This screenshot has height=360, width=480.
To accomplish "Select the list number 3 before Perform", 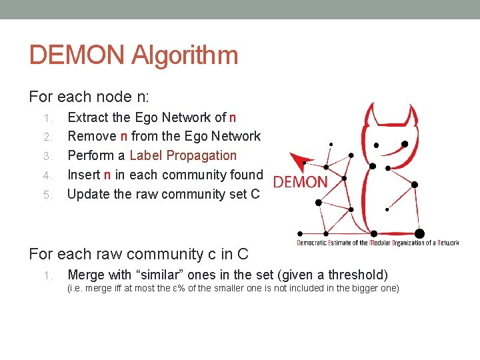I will [47, 156].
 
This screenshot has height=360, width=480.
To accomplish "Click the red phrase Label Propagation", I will [183, 155].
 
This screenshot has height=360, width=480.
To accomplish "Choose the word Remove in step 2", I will [91, 136].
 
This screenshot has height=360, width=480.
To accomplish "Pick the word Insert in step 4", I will [83, 175].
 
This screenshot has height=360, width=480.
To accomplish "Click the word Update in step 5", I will [89, 194].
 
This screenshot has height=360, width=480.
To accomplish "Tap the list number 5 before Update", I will [47, 195].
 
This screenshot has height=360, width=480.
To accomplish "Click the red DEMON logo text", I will [301, 182].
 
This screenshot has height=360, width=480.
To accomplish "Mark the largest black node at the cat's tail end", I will [419, 233].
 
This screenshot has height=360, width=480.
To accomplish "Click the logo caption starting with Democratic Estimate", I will [377, 243].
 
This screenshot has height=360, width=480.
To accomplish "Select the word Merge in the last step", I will [86, 274].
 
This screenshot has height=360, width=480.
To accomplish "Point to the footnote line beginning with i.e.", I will [233, 288].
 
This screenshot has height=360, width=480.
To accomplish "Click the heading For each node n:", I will [89, 97].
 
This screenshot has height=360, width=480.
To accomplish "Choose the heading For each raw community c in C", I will [139, 254].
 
